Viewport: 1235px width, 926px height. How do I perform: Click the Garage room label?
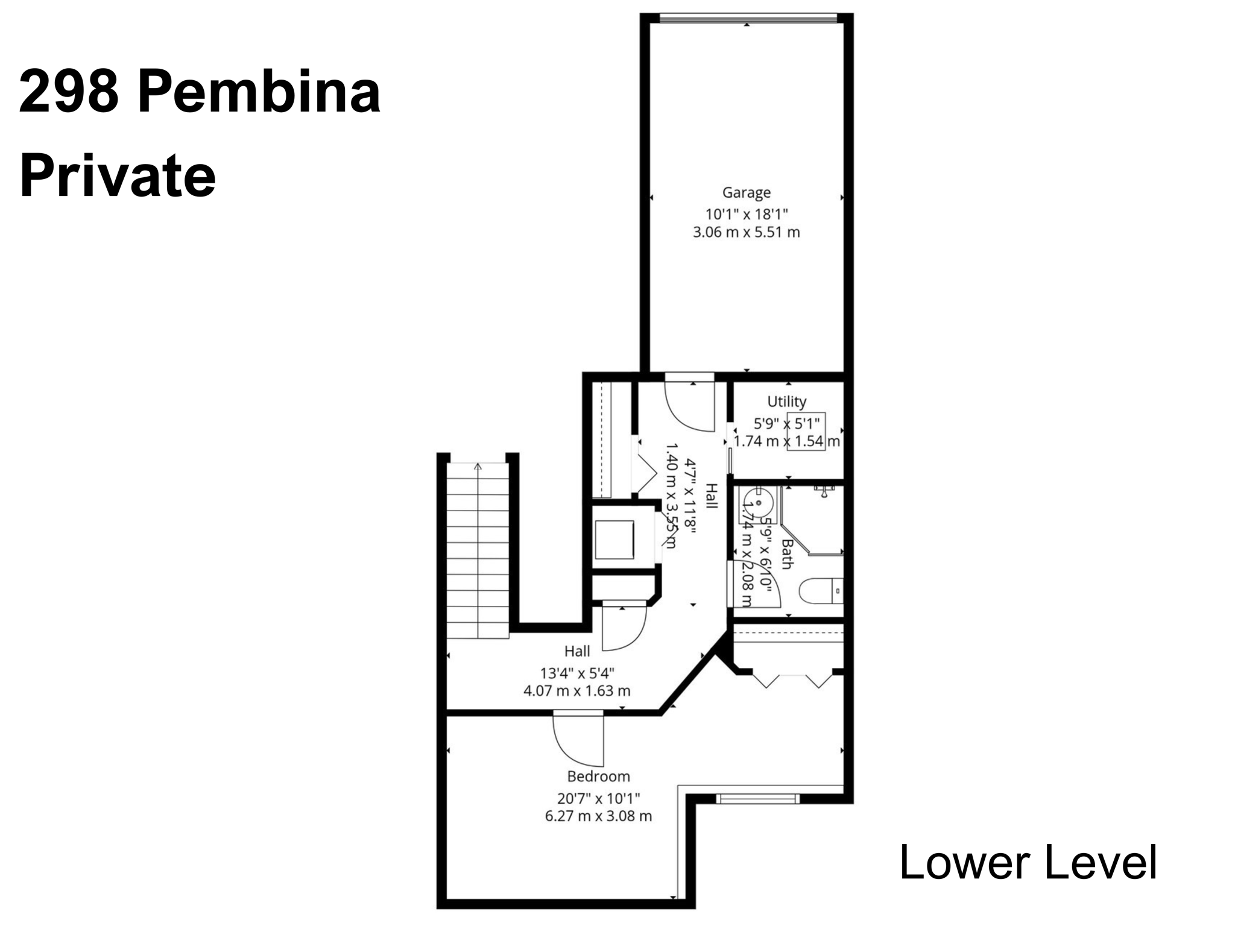tap(747, 192)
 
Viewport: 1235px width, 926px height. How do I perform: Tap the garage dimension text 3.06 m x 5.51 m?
tap(747, 232)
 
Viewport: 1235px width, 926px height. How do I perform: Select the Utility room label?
tap(786, 402)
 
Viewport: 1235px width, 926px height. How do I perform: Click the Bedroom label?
tap(598, 776)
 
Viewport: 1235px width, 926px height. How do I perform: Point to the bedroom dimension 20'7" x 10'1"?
tap(598, 799)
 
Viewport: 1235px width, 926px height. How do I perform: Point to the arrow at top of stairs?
tap(478, 466)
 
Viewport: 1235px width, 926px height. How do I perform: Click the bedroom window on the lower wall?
tap(757, 799)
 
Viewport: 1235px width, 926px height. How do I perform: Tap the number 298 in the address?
tap(68, 92)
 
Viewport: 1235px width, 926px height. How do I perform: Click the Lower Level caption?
tap(1028, 863)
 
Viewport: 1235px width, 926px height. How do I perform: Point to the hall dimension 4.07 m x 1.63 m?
tap(577, 691)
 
